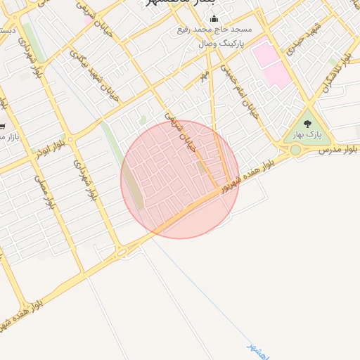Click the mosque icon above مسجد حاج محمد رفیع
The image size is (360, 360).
[x=214, y=19]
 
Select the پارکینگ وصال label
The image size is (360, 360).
[x=205, y=44]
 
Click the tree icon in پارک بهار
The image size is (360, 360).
[x=307, y=124]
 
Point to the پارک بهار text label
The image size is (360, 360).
[x=307, y=134]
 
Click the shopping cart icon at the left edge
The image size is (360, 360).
[x=2, y=127]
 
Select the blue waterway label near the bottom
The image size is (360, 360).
[x=258, y=350]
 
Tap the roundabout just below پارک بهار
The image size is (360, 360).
[x=295, y=150]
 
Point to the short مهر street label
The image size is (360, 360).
[x=205, y=74]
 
